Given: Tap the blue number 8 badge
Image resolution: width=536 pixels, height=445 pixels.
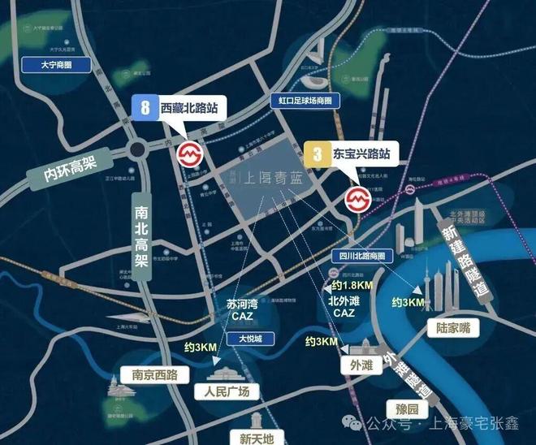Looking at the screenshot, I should (144, 107).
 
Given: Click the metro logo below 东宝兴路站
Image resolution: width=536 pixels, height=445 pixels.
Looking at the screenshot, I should (357, 197).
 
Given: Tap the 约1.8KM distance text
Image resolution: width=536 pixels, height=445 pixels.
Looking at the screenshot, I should (352, 286).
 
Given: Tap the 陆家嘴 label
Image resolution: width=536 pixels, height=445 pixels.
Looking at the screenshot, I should (453, 327).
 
